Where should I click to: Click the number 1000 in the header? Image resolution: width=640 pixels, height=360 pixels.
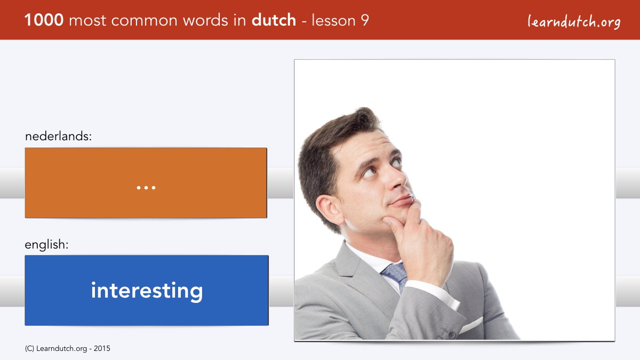(x=44, y=20)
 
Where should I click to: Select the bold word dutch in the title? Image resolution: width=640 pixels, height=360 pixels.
(x=274, y=20)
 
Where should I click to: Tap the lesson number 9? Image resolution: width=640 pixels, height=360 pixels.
(x=365, y=20)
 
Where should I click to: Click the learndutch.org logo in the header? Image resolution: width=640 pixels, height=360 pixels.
(x=574, y=22)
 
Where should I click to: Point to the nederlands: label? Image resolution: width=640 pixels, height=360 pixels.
(x=58, y=136)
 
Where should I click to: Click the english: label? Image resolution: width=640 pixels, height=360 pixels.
(x=46, y=245)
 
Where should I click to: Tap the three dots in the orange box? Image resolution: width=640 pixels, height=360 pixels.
(x=146, y=188)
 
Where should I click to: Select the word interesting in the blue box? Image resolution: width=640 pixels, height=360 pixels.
(x=147, y=291)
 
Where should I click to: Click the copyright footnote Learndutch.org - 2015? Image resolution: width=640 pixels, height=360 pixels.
(x=67, y=349)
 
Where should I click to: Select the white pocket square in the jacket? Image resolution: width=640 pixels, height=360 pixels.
(x=471, y=325)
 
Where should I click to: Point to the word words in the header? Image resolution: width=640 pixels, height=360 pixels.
(x=205, y=20)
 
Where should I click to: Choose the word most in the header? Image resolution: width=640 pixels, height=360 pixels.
(x=87, y=21)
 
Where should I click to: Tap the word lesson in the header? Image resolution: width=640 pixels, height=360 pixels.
(x=333, y=20)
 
